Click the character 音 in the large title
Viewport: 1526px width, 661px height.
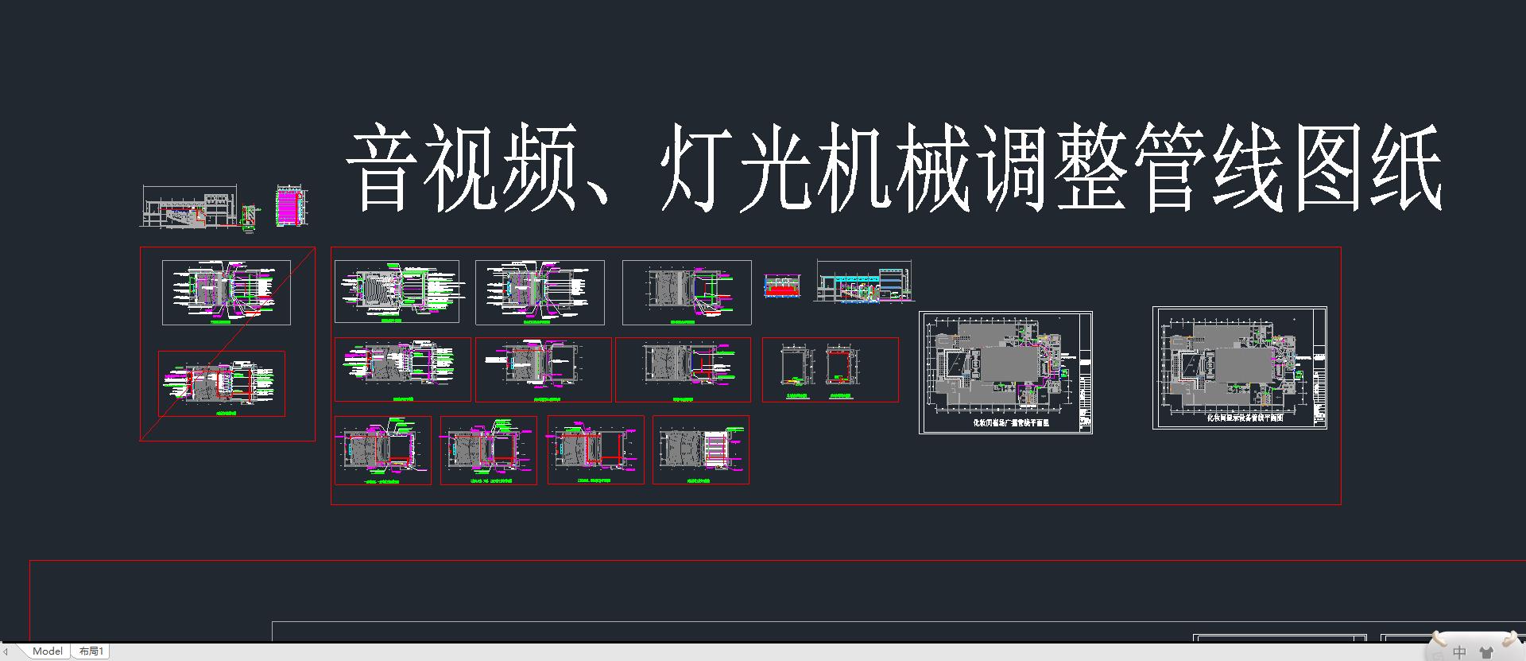click(x=382, y=169)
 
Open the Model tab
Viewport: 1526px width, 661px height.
click(x=48, y=651)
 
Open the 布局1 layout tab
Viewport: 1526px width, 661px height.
click(x=91, y=651)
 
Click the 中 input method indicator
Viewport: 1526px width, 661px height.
click(x=1459, y=652)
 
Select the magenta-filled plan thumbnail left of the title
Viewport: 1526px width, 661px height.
click(x=290, y=206)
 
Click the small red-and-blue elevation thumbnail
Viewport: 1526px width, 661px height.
click(x=782, y=286)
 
